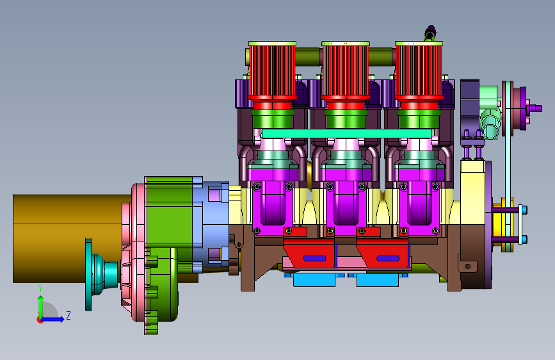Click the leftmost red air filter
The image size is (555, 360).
pos(272,71)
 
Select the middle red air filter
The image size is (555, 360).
pos(346,71)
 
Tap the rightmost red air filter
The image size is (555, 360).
pos(419,71)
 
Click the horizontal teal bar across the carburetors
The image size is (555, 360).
pos(346,134)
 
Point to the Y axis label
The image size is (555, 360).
pos(40,288)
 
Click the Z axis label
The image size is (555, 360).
pos(68,315)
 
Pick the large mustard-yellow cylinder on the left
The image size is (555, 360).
pos(71,238)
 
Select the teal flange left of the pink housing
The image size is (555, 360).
pos(101,274)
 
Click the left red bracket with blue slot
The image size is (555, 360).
pos(309,248)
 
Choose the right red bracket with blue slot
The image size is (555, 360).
pos(382,248)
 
